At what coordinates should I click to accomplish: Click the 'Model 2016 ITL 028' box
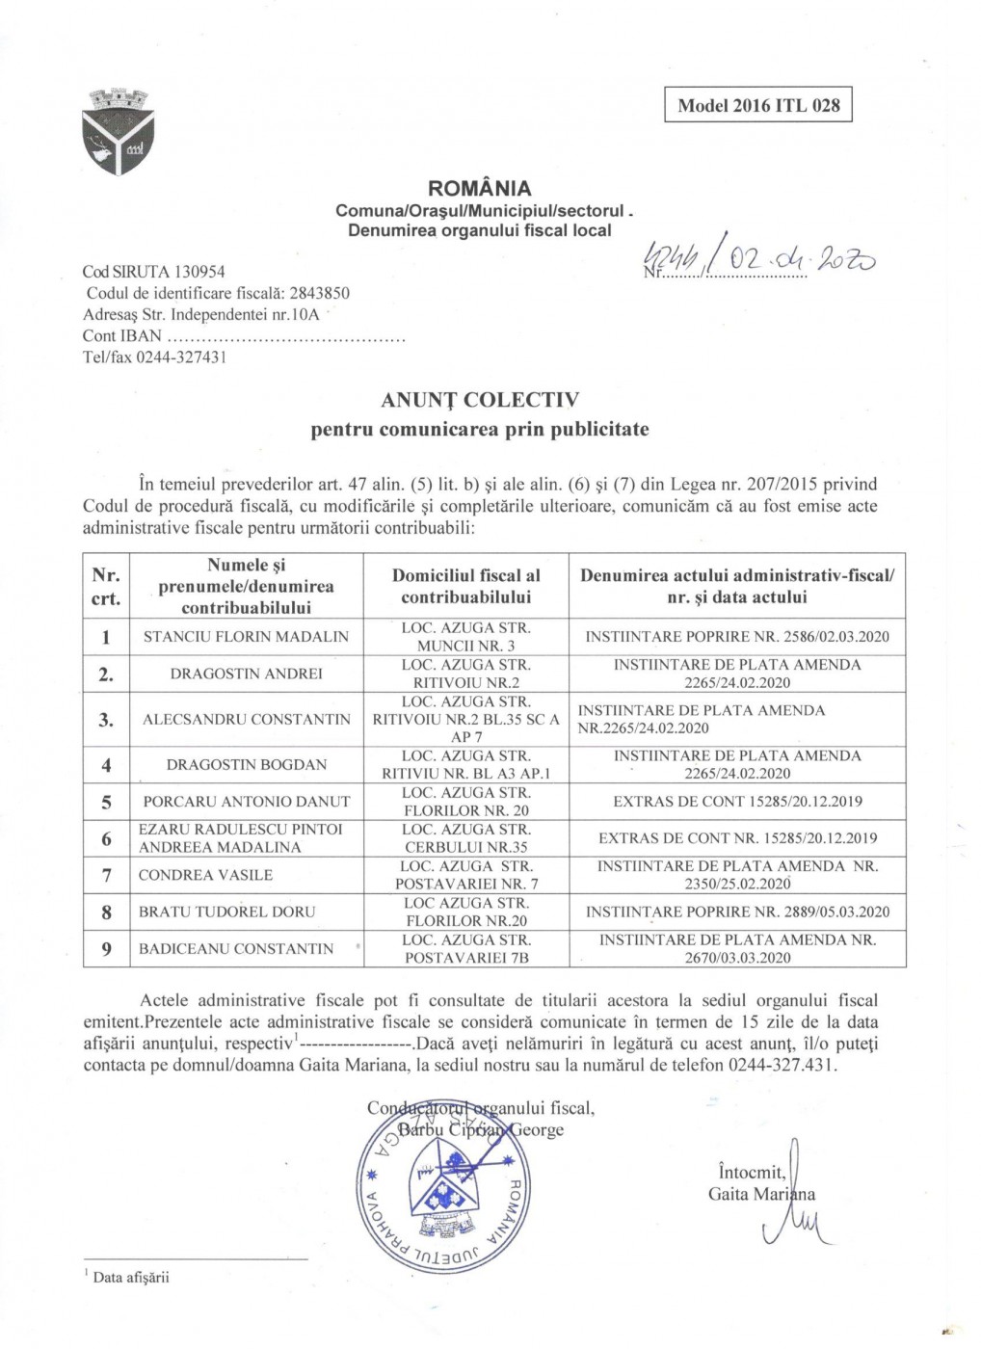point(758,105)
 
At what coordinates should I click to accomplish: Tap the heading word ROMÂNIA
point(479,188)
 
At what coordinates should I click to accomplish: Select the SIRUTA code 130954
point(199,272)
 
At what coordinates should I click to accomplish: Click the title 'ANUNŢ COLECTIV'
point(479,399)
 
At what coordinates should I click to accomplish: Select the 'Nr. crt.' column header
point(106,586)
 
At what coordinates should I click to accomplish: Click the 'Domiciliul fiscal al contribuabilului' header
point(465,586)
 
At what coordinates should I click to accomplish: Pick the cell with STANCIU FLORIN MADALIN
point(246,637)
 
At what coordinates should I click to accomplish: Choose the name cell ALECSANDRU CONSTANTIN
point(247,719)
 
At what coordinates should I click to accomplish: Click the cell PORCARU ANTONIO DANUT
point(247,802)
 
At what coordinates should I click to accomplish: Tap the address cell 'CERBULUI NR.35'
point(465,847)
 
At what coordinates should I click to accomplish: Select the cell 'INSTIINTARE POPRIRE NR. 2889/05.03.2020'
point(737,912)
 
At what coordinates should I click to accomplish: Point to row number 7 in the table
point(106,875)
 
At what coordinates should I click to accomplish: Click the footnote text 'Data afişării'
point(130,1278)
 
